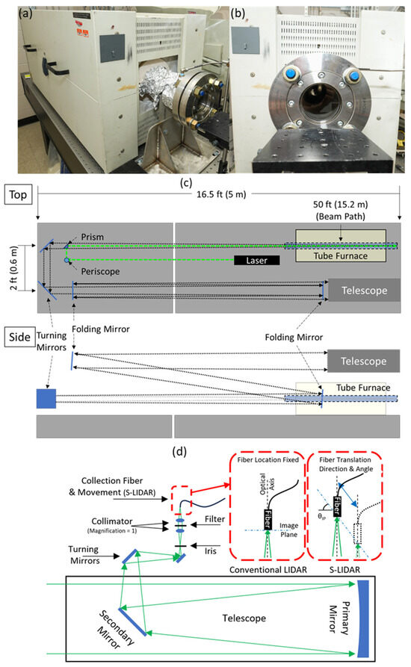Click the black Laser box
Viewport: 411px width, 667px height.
tap(256, 261)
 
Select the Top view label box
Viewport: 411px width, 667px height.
tap(18, 192)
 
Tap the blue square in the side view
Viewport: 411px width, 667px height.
tap(46, 398)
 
